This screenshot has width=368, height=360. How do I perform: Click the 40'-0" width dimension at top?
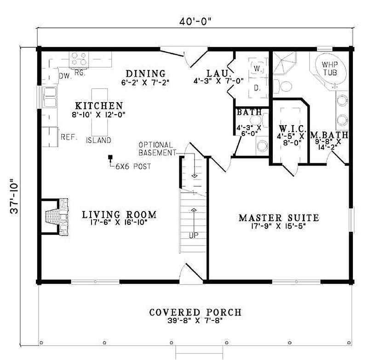click(x=195, y=21)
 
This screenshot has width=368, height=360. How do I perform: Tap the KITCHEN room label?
click(x=99, y=105)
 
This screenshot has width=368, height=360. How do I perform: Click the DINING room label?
click(x=145, y=73)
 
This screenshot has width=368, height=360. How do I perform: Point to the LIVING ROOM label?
click(x=119, y=214)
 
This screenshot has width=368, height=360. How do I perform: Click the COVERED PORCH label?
click(x=195, y=312)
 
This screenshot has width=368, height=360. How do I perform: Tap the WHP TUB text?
click(x=329, y=69)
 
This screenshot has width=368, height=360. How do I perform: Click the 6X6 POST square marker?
click(x=110, y=158)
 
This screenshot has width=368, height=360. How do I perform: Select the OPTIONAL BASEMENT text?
click(x=156, y=149)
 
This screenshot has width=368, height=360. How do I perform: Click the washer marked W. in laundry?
click(x=256, y=68)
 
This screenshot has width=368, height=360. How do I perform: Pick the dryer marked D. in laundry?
click(x=256, y=87)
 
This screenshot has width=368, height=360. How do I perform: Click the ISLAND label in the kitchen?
click(x=98, y=140)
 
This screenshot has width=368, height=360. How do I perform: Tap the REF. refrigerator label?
click(x=69, y=137)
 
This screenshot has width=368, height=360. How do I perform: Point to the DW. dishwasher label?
click(x=64, y=75)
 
